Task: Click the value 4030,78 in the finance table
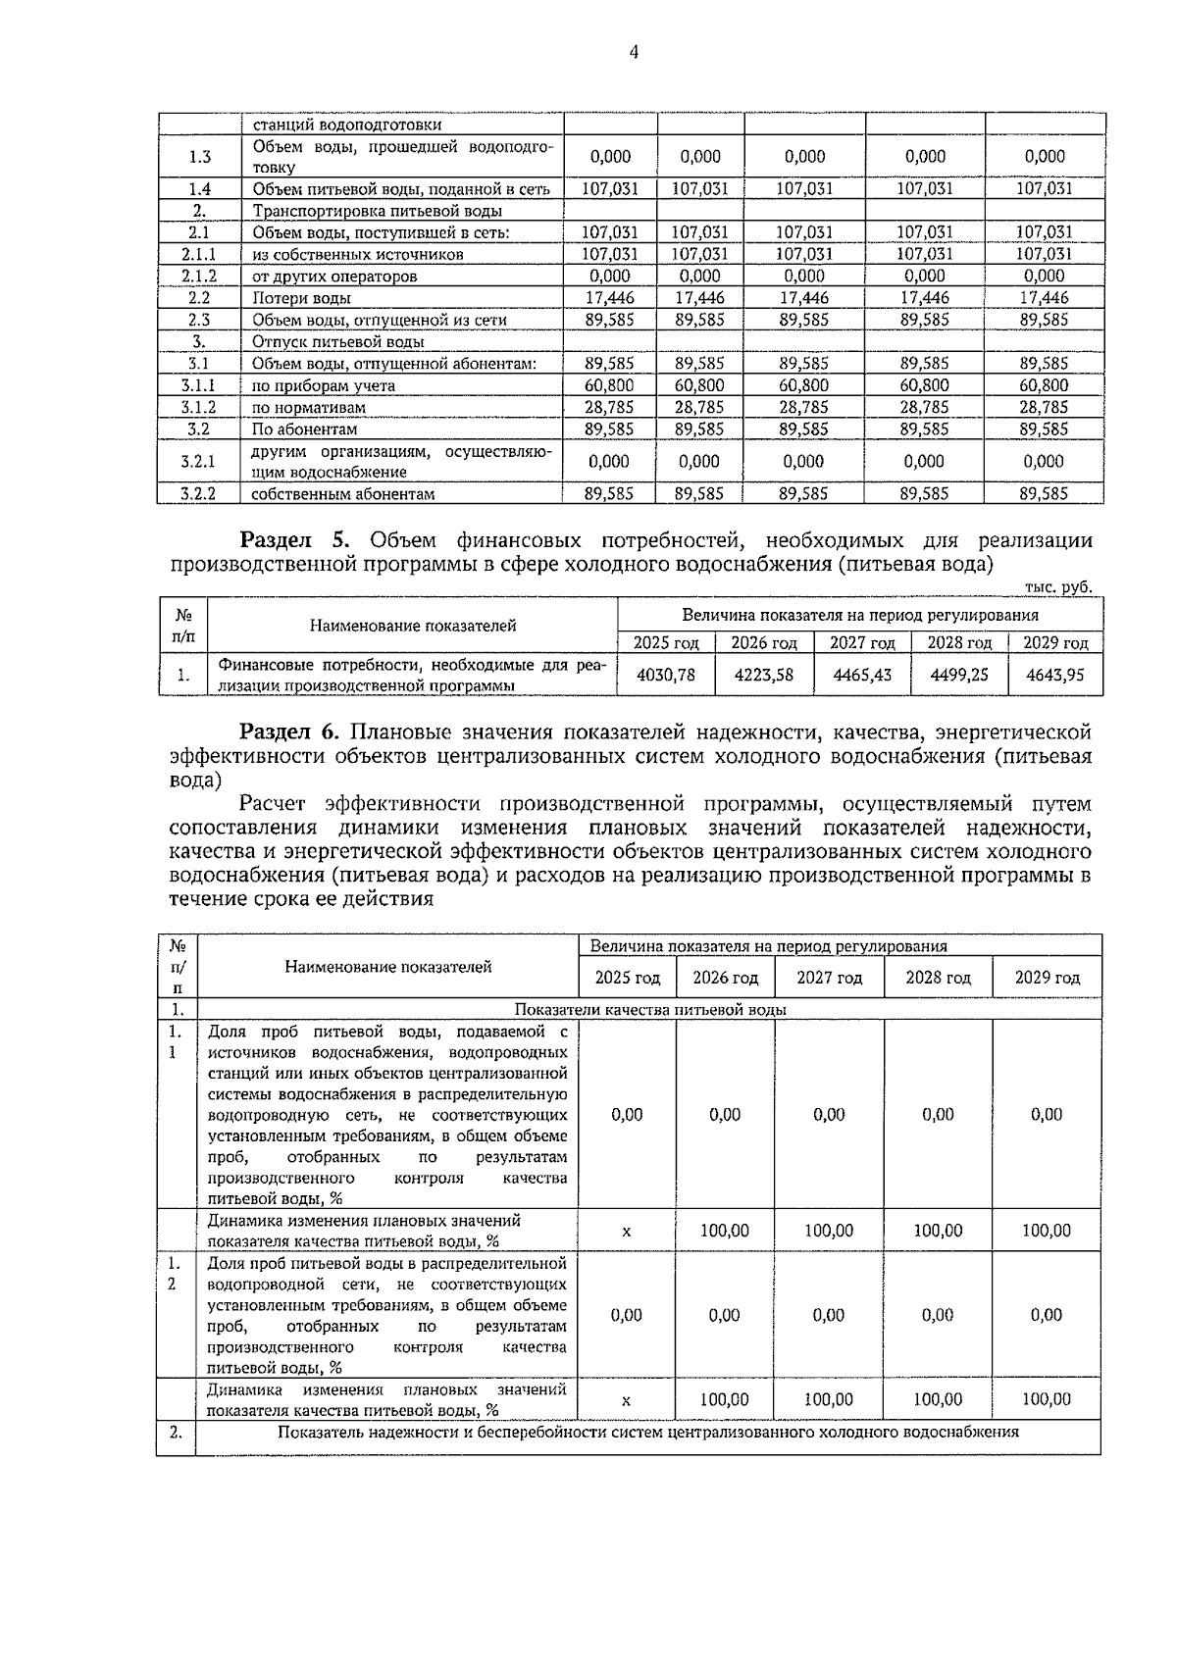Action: tap(666, 675)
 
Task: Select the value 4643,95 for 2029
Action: tap(1055, 675)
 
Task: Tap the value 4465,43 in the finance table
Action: tap(862, 675)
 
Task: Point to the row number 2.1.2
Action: tap(199, 277)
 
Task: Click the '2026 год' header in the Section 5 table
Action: tap(764, 643)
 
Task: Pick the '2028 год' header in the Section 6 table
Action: tap(938, 978)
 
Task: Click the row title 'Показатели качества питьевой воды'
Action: tap(649, 1009)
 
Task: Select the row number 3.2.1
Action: tap(199, 462)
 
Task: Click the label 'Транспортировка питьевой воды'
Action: tap(378, 211)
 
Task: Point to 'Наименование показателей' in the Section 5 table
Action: tap(413, 626)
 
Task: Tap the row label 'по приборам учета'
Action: tap(323, 385)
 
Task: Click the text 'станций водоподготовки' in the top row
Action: tap(346, 126)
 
